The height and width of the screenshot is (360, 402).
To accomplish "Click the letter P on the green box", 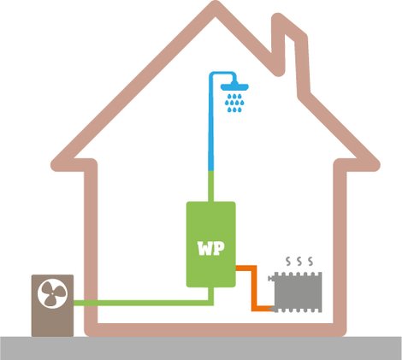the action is coord(218,248).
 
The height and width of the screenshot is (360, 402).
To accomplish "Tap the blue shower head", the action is coord(234,86).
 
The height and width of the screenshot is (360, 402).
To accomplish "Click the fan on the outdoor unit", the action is coord(52,294).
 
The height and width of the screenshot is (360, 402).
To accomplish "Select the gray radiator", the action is coord(298,292).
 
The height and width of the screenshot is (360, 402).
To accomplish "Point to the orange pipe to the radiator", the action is coord(254,288).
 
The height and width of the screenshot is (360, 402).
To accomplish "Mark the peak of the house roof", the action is coord(216,5).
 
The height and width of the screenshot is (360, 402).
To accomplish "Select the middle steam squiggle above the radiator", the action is coord(299,261).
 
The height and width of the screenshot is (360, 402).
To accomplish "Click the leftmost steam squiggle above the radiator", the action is coord(288,261).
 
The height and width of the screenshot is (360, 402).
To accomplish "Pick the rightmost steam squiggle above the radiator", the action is coord(310,261).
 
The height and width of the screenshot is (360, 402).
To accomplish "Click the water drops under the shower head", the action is coord(234,103).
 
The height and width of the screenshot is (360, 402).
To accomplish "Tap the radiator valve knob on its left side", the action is coord(270,278).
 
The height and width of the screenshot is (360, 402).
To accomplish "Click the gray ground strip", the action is coord(201,348).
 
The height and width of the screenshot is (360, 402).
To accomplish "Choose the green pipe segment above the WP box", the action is coord(211,186).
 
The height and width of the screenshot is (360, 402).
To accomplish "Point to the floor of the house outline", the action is coord(216,330).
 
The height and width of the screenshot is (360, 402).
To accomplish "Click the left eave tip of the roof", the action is coord(55,165).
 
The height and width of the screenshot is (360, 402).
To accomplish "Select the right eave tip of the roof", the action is coord(376,165).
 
